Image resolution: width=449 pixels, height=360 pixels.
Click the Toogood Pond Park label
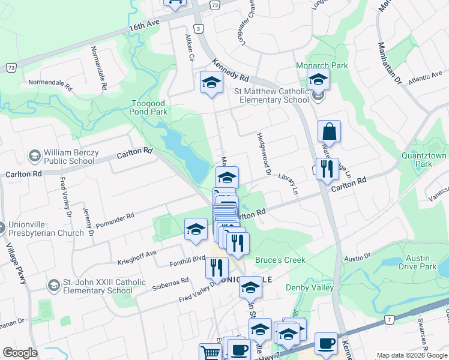pyautogui.click(x=149, y=107)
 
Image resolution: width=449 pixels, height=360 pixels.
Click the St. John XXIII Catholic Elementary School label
pyautogui.click(x=96, y=286)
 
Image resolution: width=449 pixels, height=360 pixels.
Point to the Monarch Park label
pyautogui.click(x=313, y=65)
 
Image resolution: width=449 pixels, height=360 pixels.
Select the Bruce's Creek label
pyautogui.click(x=280, y=260)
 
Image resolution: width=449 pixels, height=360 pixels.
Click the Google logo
pyautogui.click(x=20, y=353)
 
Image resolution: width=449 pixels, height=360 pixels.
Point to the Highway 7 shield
pyautogui.click(x=391, y=320)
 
